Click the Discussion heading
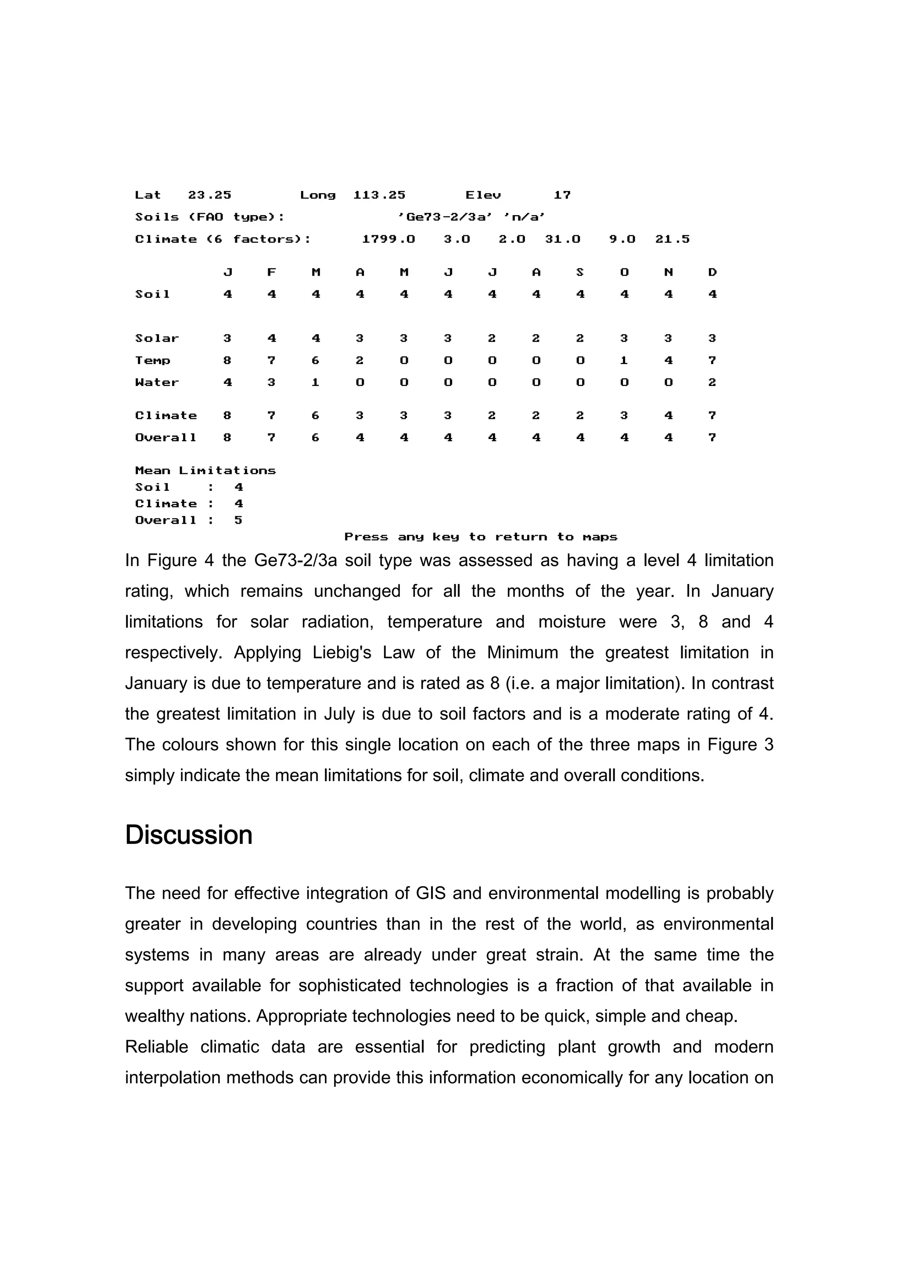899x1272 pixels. [x=188, y=834]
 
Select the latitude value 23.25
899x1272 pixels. [x=209, y=195]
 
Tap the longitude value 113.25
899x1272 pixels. [x=379, y=195]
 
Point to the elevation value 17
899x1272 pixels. [x=562, y=195]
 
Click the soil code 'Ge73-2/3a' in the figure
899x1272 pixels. [x=445, y=217]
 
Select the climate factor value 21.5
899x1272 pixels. [x=672, y=239]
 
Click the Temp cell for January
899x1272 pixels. [x=227, y=360]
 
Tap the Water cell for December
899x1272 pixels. [x=712, y=382]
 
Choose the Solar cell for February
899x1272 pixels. [x=271, y=339]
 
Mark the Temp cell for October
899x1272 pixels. [x=624, y=360]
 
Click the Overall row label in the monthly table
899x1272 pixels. [x=165, y=438]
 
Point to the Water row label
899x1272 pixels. [x=157, y=382]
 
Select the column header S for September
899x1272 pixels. [x=580, y=272]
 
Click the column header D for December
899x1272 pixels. [x=712, y=272]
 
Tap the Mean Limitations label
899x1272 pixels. [x=205, y=470]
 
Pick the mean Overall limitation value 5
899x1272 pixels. [x=238, y=520]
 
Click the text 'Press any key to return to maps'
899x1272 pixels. [x=480, y=537]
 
